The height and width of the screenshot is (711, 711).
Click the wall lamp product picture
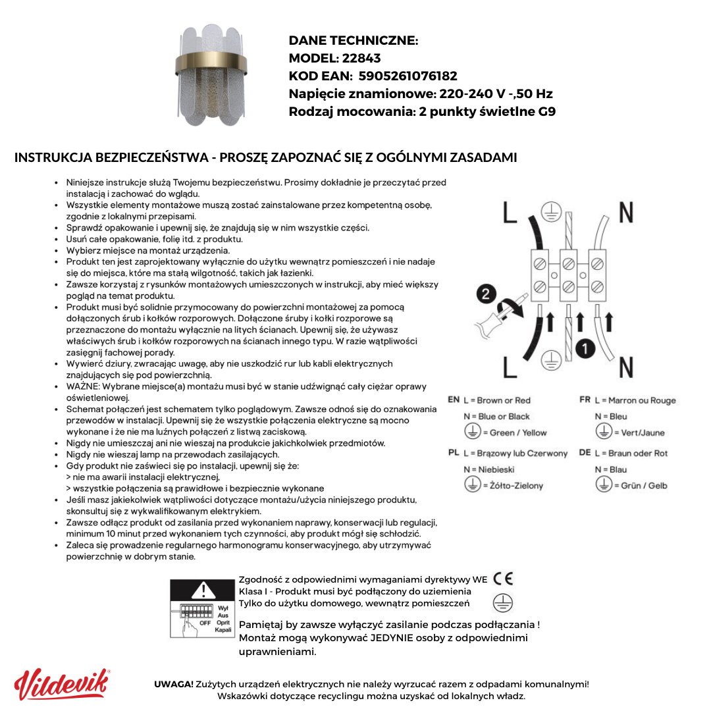[212, 74]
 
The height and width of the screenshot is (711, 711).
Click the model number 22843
[361, 58]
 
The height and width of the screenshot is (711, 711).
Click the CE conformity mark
[503, 579]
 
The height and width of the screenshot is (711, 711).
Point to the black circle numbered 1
[585, 348]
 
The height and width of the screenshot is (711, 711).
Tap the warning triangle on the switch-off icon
[204, 590]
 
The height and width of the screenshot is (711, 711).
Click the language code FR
[585, 400]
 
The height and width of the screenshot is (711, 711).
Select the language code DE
[585, 453]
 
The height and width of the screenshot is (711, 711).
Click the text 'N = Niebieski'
[489, 469]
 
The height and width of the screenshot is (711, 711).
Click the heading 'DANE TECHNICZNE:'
[354, 41]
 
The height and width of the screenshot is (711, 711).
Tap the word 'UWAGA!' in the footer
[174, 684]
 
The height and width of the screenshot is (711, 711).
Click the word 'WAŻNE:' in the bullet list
[83, 386]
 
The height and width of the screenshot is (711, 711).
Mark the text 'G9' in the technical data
[546, 111]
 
